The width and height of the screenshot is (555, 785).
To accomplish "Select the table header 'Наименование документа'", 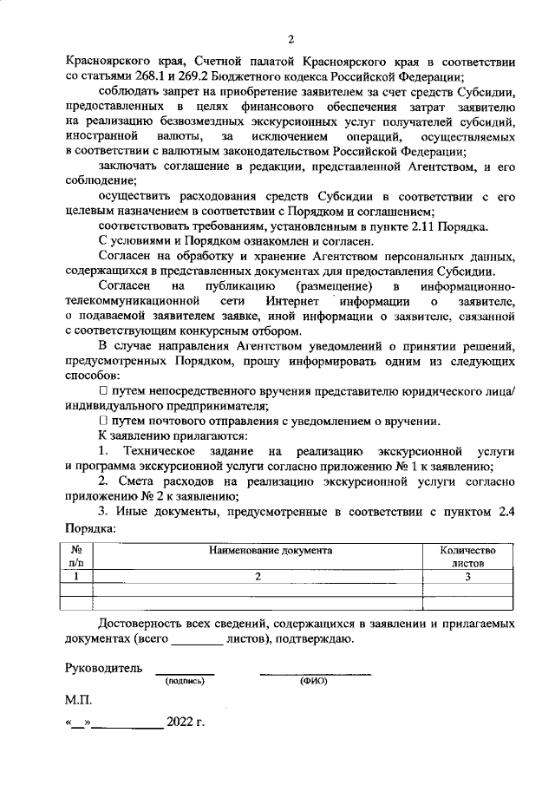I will (257, 550).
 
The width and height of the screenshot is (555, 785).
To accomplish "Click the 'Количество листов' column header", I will (467, 556).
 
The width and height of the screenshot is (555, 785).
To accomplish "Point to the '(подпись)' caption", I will (184, 682).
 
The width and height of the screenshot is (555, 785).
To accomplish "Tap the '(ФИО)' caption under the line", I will (313, 682).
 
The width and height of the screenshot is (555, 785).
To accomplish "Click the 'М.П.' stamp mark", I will (78, 698).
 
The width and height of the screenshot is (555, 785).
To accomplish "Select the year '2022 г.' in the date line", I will (186, 722).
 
